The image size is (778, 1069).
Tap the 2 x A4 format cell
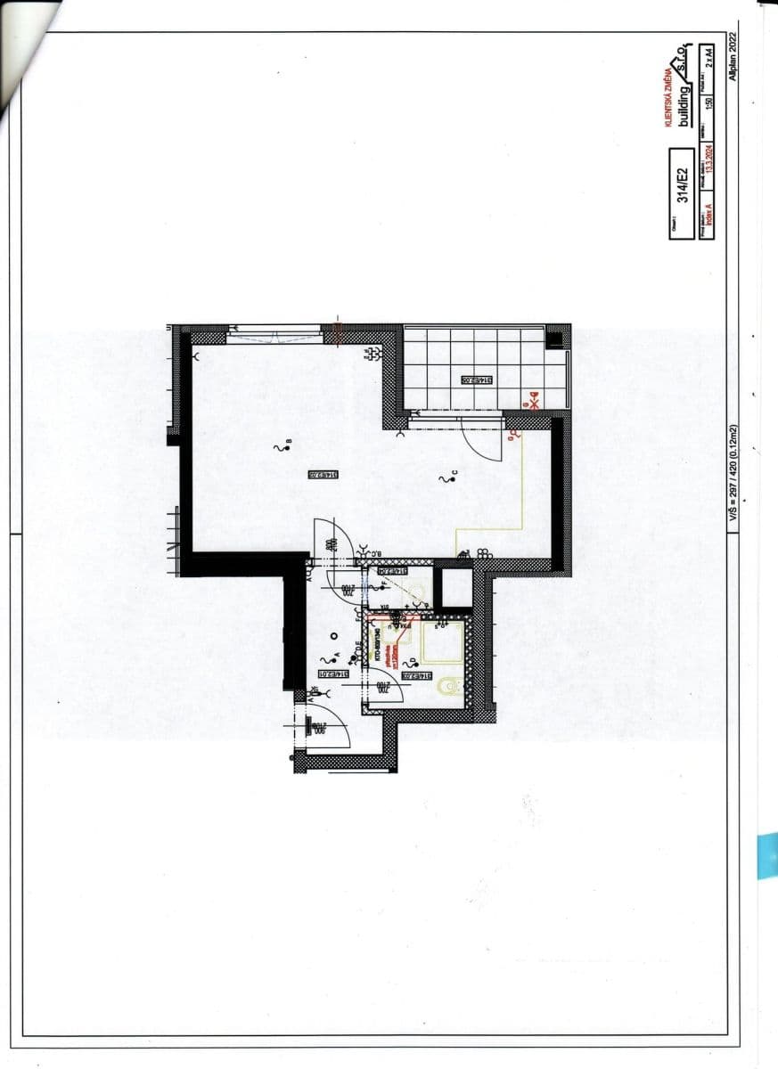click(x=709, y=58)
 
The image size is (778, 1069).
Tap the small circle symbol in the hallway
click(x=332, y=635)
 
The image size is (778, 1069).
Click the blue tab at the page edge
click(x=767, y=856)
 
